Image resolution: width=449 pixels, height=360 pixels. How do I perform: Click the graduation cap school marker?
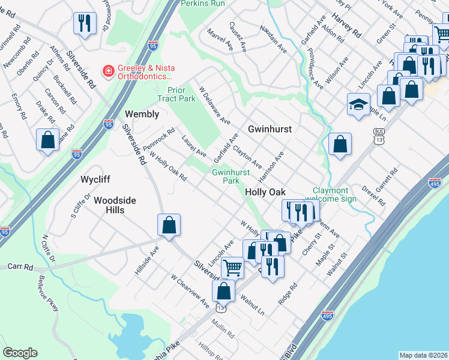(358, 104)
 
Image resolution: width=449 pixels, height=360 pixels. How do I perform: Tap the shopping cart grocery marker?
(232, 266)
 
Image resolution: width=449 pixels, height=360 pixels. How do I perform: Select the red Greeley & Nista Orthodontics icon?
(108, 71)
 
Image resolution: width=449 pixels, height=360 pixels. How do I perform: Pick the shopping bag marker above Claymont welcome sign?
(340, 144)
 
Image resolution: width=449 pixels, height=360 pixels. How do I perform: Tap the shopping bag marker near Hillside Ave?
(169, 225)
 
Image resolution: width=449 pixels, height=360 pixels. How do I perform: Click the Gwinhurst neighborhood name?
(270, 129)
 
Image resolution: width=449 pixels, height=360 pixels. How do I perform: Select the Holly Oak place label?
(265, 191)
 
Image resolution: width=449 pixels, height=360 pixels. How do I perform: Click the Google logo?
(20, 353)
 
